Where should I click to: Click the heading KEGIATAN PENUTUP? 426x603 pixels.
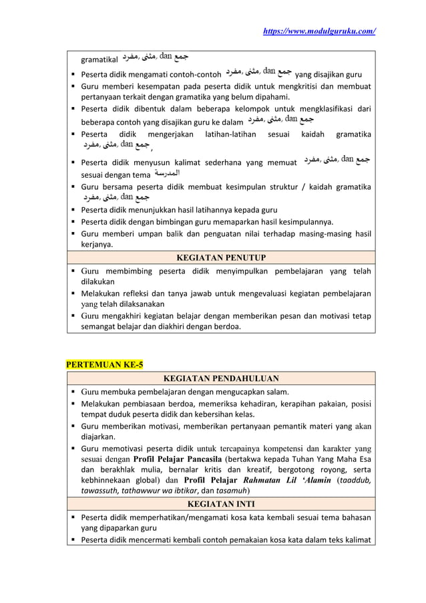coord(220,257)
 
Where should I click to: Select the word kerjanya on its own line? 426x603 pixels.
coord(97,245)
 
